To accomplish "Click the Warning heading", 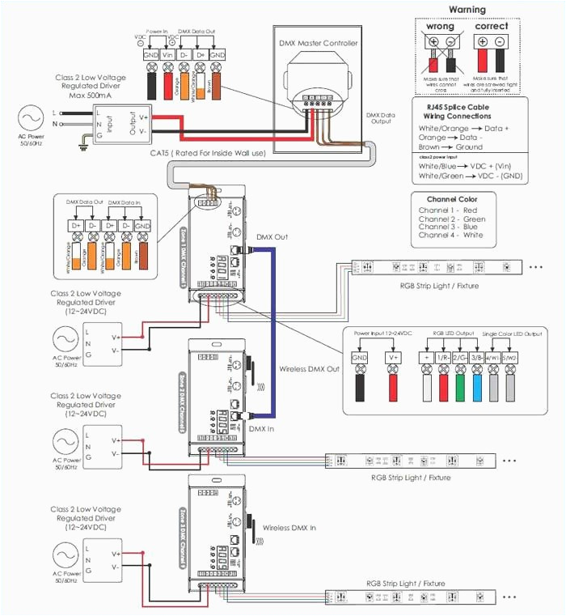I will pos(467,10).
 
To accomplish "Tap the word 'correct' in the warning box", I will pos(492,26).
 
